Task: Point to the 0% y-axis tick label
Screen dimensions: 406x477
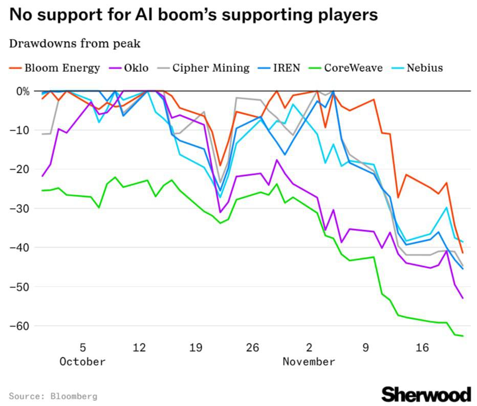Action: pyautogui.click(x=22, y=91)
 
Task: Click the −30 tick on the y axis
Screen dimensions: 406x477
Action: pyautogui.click(x=20, y=209)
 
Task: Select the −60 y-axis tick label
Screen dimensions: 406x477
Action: pyautogui.click(x=20, y=326)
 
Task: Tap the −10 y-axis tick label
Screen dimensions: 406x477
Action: pyautogui.click(x=20, y=130)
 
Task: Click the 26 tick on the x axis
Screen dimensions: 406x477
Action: pyautogui.click(x=252, y=348)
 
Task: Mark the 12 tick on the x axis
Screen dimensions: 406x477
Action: pyautogui.click(x=139, y=348)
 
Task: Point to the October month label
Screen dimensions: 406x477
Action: pyautogui.click(x=82, y=361)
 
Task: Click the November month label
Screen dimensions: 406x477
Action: pyautogui.click(x=309, y=361)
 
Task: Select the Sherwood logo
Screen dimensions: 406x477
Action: pyautogui.click(x=426, y=394)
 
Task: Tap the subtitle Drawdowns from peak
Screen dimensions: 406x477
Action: pyautogui.click(x=75, y=44)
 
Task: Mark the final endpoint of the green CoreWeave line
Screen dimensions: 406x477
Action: pyautogui.click(x=463, y=336)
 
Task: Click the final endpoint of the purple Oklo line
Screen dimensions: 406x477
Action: pyautogui.click(x=463, y=298)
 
